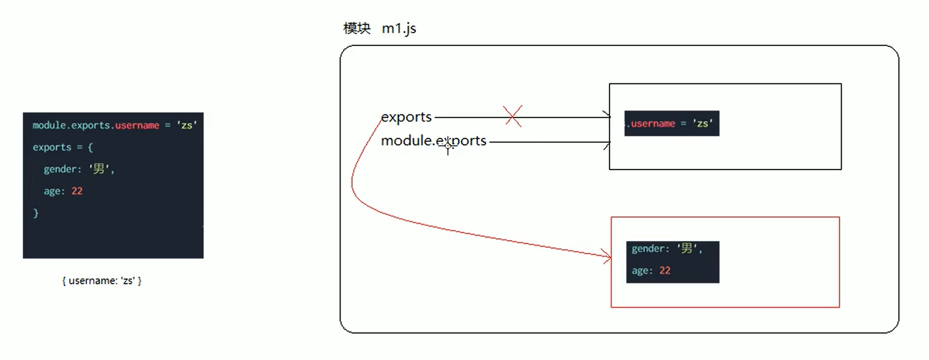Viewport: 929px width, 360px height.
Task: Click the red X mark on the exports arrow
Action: (513, 116)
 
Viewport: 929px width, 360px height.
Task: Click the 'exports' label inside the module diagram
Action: (406, 117)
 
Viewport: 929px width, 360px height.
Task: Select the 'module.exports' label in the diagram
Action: (433, 141)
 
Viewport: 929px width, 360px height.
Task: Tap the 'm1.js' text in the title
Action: (399, 28)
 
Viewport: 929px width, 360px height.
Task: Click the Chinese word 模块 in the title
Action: (357, 28)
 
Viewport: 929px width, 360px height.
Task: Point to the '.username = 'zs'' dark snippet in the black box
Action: (672, 123)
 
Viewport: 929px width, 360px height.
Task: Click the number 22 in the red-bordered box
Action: (665, 271)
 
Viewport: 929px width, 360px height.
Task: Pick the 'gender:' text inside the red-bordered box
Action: (650, 248)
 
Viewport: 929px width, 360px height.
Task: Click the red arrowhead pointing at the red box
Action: (608, 257)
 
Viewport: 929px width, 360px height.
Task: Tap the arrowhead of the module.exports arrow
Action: (607, 145)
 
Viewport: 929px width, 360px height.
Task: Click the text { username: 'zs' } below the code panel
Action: (102, 280)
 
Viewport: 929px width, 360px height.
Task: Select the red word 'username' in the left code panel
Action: (137, 125)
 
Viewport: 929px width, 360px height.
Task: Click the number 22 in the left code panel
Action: (77, 191)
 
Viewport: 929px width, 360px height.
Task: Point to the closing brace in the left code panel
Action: (36, 213)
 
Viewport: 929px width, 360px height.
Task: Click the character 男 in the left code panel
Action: (99, 169)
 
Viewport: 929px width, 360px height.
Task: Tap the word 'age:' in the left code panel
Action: (54, 191)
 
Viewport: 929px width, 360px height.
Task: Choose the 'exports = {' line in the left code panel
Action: (62, 147)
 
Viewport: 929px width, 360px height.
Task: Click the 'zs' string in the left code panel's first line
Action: (187, 125)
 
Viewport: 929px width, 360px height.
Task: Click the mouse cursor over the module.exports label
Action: (448, 146)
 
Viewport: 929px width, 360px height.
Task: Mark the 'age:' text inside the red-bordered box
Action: (642, 271)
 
